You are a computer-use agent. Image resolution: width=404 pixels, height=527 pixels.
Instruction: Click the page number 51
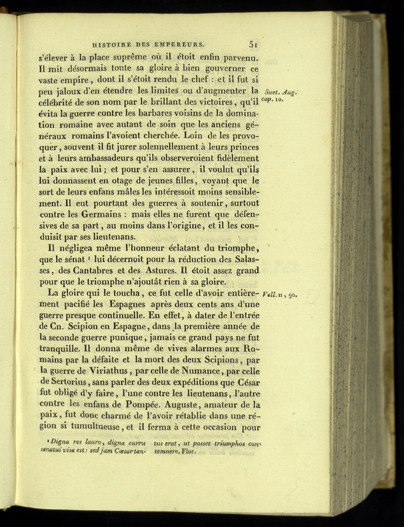point(253,44)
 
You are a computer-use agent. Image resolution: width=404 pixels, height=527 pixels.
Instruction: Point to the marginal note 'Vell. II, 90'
point(279,294)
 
